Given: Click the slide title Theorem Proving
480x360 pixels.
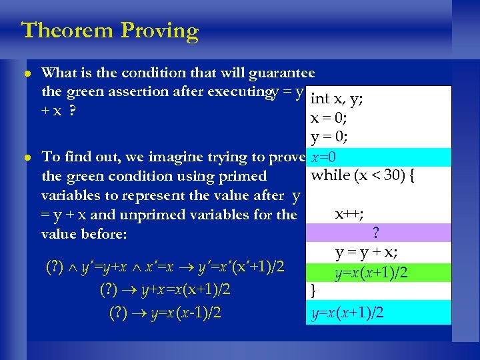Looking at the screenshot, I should point(110,31).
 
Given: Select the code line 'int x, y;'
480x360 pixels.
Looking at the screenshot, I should point(337,99).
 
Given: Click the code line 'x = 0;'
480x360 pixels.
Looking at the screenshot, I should point(329,119).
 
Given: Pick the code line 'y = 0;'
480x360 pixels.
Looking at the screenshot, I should point(329,138).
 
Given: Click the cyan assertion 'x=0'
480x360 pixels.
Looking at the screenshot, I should point(326,157).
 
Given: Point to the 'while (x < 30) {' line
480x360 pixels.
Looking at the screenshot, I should point(363,176).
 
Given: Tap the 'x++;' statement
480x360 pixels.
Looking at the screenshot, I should point(349,214).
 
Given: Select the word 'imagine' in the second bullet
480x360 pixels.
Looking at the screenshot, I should point(170,157).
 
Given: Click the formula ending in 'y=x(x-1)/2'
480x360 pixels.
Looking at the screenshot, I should point(165,312).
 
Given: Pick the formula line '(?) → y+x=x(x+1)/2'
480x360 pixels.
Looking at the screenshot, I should point(165,290).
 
